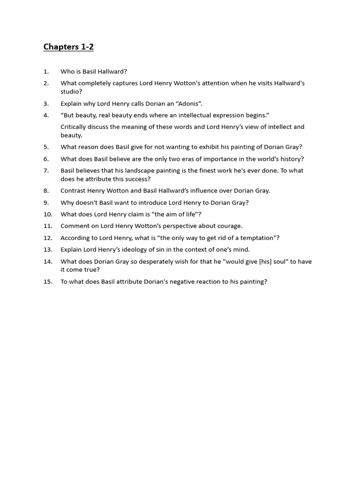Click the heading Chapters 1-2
[x=68, y=47]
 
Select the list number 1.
[x=46, y=72]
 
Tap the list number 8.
[x=46, y=191]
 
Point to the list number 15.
[x=48, y=282]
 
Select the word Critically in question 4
[x=75, y=127]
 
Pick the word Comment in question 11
[x=75, y=226]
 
